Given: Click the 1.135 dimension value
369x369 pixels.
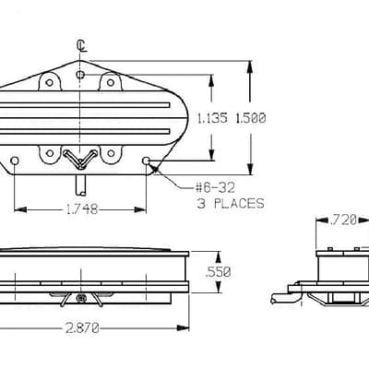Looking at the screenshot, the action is click(212, 118).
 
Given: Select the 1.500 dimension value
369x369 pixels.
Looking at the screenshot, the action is click(251, 118).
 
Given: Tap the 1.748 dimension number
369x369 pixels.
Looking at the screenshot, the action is click(82, 209).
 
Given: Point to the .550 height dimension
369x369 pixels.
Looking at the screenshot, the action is click(218, 272).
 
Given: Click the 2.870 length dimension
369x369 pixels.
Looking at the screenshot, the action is click(82, 328).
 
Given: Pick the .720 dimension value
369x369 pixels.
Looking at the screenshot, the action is click(342, 220).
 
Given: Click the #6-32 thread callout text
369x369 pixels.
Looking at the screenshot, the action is click(215, 187).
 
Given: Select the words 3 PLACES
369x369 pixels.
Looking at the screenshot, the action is click(231, 204).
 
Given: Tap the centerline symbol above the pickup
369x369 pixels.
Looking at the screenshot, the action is click(81, 45).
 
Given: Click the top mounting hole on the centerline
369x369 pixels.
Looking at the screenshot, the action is click(80, 75).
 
